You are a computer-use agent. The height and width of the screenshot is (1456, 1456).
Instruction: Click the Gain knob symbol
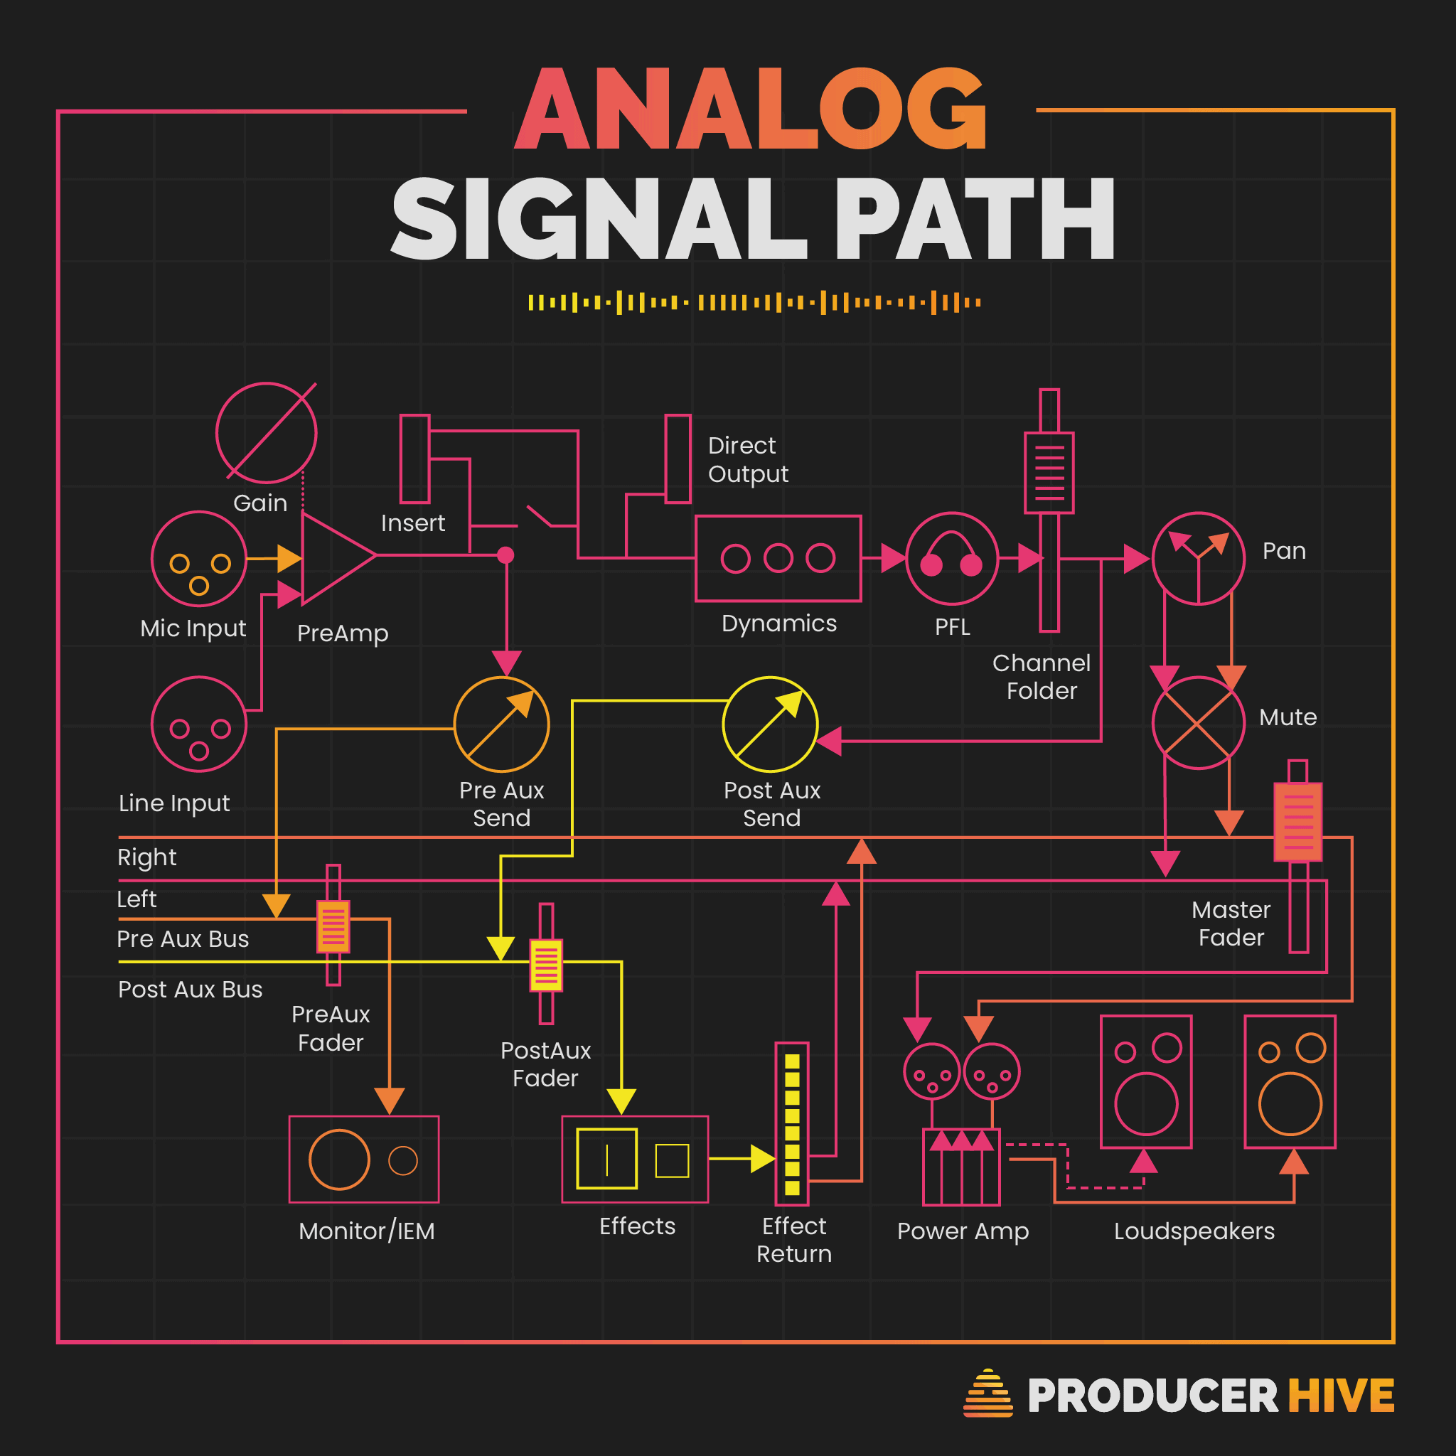266,432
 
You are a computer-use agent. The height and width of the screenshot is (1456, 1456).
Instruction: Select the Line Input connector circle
199,724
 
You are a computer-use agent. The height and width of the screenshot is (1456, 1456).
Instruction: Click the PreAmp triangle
334,557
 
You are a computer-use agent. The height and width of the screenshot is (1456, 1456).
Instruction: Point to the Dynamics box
778,558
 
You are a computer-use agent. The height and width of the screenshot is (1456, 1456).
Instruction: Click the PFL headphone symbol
952,558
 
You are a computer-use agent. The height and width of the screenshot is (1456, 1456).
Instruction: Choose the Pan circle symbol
1198,558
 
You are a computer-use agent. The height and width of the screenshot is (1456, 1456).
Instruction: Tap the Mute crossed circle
1198,723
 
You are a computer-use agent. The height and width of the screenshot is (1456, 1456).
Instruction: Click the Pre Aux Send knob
502,724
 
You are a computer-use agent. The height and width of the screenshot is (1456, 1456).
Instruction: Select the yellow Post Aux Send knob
770,724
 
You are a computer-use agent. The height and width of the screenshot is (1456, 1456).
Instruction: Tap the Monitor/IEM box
364,1159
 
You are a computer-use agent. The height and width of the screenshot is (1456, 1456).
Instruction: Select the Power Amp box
962,1167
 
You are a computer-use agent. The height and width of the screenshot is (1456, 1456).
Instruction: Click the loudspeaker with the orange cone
1290,1082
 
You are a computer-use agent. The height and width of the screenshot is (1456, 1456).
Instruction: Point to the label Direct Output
748,460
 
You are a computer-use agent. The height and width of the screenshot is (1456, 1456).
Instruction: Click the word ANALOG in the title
751,110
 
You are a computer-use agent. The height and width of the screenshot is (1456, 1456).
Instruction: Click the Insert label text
413,523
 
